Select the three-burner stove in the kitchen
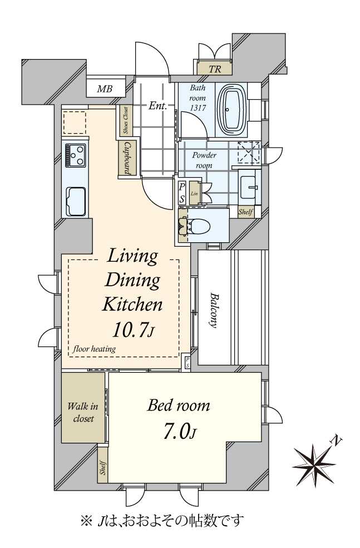(76, 155)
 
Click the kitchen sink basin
(76, 202)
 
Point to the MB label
(105, 89)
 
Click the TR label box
(214, 69)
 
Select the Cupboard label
(127, 158)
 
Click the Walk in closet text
(83, 413)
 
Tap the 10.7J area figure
(133, 330)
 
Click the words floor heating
(94, 349)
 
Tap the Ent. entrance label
(157, 106)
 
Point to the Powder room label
(204, 160)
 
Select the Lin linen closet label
(195, 193)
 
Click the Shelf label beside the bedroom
(103, 467)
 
